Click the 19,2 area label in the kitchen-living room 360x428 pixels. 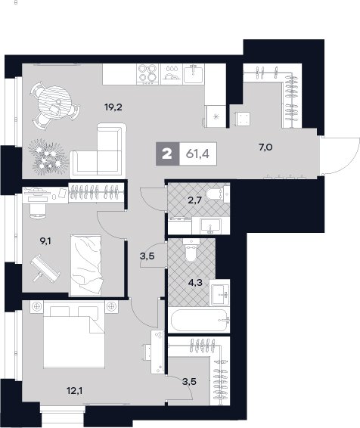click(113, 107)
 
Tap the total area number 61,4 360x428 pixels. click(197, 154)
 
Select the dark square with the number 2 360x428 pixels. click(167, 154)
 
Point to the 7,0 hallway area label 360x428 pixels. click(265, 147)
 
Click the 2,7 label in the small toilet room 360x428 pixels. click(194, 200)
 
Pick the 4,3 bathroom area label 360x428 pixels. click(195, 282)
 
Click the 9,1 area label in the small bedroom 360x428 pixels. click(45, 241)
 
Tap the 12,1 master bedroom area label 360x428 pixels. click(75, 391)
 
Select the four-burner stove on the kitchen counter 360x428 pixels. click(147, 73)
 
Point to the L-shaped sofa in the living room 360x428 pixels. click(98, 150)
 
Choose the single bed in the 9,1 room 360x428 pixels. click(86, 265)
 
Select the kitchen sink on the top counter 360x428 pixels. click(194, 73)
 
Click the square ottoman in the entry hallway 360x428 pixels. click(243, 119)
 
